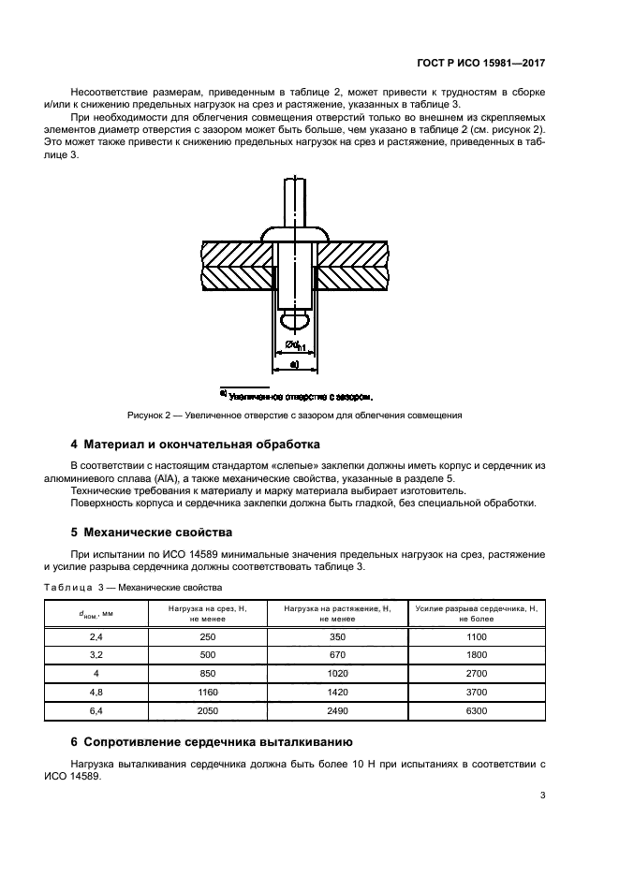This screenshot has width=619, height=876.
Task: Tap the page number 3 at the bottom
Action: [543, 796]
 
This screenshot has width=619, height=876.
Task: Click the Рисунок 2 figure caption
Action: [295, 415]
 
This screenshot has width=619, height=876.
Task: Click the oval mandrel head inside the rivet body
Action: [294, 321]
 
